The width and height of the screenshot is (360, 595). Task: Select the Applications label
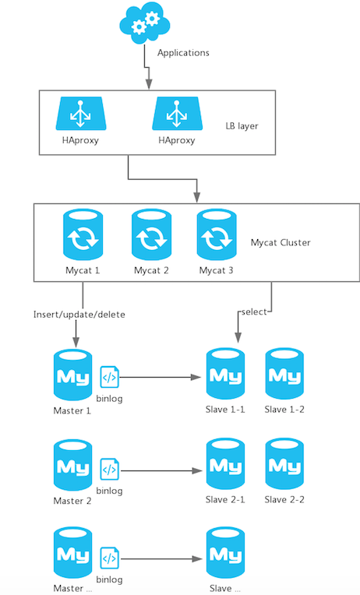coord(183,53)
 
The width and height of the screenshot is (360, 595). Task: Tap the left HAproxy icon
coord(81,114)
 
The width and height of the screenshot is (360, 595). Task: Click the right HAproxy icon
coord(178,114)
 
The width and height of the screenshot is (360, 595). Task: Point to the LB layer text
coord(242,126)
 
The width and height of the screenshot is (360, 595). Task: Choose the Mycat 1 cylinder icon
coord(83,234)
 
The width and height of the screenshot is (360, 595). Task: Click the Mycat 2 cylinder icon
coord(151,234)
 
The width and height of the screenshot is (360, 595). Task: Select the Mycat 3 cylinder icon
coord(217,234)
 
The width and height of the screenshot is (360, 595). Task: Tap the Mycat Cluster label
coord(281,242)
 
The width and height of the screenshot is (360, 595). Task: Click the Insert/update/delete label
coord(79,315)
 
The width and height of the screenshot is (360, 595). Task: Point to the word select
coord(255,312)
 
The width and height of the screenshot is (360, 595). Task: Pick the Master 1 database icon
coord(73,375)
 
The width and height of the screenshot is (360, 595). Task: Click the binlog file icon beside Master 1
coord(110,377)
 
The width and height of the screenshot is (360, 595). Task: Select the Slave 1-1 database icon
coord(225,374)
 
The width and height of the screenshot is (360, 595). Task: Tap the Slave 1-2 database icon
coord(284,374)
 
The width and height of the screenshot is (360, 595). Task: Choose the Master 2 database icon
coord(73,465)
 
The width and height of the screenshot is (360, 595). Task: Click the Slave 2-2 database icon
coord(284,463)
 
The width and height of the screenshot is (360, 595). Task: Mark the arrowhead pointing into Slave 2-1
coord(197,471)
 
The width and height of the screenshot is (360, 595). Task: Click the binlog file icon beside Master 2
coord(110,470)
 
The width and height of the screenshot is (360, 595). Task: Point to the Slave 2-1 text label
coord(225,500)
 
